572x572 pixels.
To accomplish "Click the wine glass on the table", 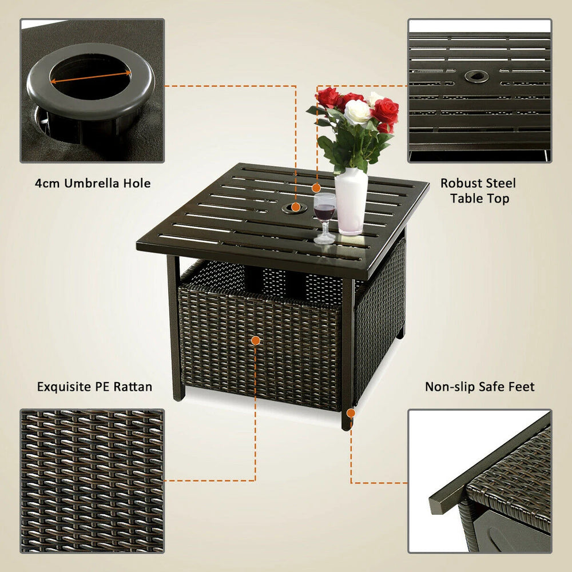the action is tap(324, 218).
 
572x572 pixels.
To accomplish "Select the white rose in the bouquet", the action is tap(357, 112).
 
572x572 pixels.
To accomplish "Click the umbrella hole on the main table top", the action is tap(294, 209).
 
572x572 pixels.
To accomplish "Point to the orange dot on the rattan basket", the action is tap(256, 341).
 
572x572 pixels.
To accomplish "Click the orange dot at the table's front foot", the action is tap(351, 413).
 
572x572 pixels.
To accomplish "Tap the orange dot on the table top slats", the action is tap(316, 188).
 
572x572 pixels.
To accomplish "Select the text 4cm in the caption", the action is tap(48, 184).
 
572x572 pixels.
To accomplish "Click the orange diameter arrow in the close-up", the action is tap(90, 77).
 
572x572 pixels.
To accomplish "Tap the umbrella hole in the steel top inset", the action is tap(476, 76).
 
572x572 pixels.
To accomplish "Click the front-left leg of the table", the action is tap(176, 328).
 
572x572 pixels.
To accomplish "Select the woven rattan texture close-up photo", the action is tap(92, 481).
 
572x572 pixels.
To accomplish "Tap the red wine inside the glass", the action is tap(324, 212).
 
